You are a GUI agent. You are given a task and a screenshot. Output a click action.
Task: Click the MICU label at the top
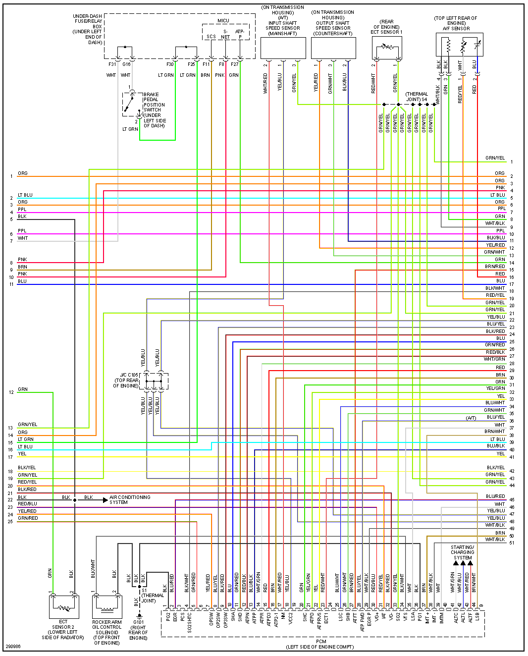(x=223, y=21)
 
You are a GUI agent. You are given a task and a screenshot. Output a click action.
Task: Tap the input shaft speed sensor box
(x=283, y=48)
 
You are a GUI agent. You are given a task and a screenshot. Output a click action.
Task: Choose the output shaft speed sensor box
(x=333, y=48)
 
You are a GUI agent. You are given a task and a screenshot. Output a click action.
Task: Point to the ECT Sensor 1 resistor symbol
(x=387, y=48)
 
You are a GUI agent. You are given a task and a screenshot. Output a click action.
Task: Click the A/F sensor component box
(x=459, y=45)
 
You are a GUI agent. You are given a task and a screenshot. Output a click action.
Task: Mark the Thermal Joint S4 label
(x=417, y=97)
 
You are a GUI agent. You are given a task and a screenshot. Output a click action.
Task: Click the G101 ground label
(x=139, y=622)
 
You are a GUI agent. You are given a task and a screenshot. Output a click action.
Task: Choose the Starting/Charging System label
(x=462, y=552)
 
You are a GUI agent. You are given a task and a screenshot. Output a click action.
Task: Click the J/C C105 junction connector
(x=154, y=381)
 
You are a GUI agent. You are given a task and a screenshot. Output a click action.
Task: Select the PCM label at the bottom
(x=321, y=642)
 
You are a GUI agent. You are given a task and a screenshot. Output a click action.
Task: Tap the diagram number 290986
(x=13, y=647)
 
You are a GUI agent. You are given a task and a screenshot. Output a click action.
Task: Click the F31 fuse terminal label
(x=112, y=64)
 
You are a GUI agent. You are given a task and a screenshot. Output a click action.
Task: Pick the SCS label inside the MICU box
(x=211, y=37)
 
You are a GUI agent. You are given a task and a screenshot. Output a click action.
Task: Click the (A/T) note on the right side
(x=471, y=418)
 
